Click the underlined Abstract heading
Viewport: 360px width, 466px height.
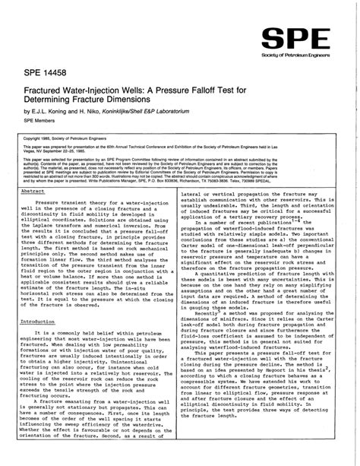click(x=33, y=192)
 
